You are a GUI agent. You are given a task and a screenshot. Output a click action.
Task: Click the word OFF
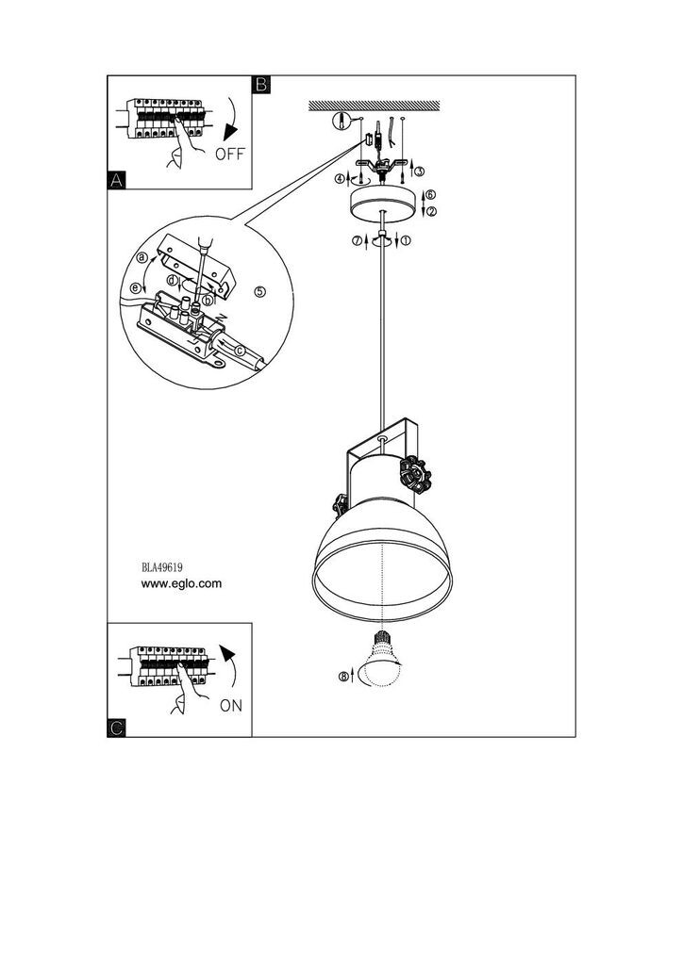pyautogui.click(x=230, y=154)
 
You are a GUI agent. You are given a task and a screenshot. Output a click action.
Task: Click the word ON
pyautogui.click(x=231, y=705)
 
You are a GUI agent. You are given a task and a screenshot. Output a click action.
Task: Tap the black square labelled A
pyautogui.click(x=116, y=180)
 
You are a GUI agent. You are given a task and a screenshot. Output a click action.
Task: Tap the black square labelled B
pyautogui.click(x=261, y=84)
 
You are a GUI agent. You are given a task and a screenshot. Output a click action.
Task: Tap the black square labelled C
pyautogui.click(x=116, y=728)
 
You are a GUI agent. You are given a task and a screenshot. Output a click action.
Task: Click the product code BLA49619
pyautogui.click(x=162, y=566)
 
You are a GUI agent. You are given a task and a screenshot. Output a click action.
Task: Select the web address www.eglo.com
pyautogui.click(x=181, y=583)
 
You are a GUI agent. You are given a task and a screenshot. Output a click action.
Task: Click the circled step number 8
pyautogui.click(x=343, y=677)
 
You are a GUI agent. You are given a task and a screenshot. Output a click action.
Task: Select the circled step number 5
pyautogui.click(x=259, y=292)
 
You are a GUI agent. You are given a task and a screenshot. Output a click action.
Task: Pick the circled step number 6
pyautogui.click(x=430, y=194)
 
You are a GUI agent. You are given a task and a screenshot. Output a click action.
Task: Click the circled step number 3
pyautogui.click(x=420, y=172)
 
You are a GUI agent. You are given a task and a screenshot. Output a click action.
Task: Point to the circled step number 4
pyautogui.click(x=340, y=179)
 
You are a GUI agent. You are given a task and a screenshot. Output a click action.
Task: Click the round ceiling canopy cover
pyautogui.click(x=383, y=204)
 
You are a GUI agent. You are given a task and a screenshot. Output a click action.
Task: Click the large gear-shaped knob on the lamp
pyautogui.click(x=416, y=475)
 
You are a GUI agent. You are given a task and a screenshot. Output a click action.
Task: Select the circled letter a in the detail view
pyautogui.click(x=142, y=256)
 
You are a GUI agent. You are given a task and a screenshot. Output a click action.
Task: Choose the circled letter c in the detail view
pyautogui.click(x=241, y=351)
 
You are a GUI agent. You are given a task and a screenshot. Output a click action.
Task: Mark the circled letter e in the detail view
pyautogui.click(x=136, y=287)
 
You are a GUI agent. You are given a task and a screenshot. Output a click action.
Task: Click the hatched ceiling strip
pyautogui.click(x=374, y=106)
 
